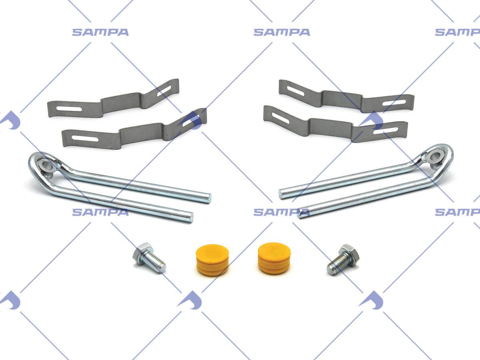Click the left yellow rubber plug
(212, 260)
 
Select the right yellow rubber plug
(274, 258)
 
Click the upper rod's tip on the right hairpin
(280, 194)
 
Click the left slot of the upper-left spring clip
(69, 109)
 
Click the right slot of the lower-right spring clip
(385, 131)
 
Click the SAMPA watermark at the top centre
(282, 32)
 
